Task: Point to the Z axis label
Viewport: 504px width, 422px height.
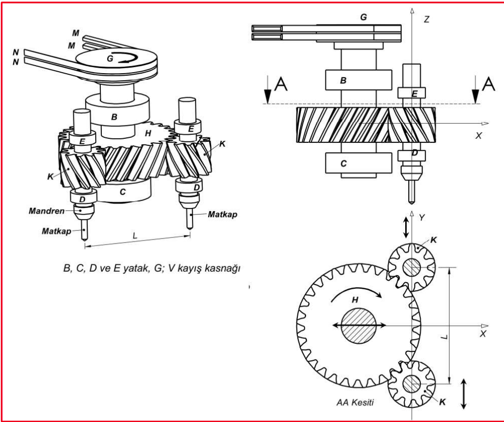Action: pyautogui.click(x=426, y=20)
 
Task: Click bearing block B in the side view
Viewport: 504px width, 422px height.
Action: pyautogui.click(x=358, y=80)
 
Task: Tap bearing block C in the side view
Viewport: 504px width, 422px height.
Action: pyautogui.click(x=358, y=163)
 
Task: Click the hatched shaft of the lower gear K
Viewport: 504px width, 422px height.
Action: pyautogui.click(x=412, y=384)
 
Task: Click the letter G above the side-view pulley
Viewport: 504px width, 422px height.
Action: pyautogui.click(x=364, y=17)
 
